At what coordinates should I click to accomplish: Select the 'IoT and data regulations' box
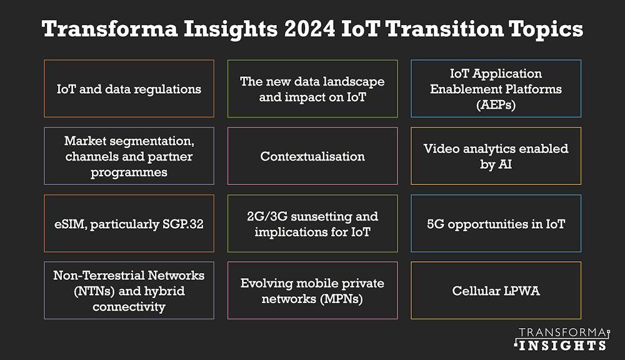[x=129, y=89]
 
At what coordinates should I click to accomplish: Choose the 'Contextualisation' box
[x=312, y=156]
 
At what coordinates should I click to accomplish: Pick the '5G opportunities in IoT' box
[x=496, y=224]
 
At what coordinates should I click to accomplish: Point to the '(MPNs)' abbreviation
[x=341, y=299]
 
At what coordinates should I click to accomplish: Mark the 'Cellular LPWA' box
[x=496, y=291]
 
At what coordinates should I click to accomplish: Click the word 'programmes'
[x=129, y=172]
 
